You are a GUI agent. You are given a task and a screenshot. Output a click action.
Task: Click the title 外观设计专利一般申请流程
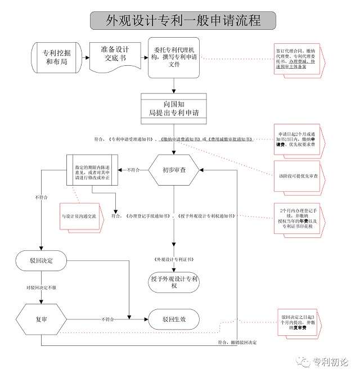pos(183,20)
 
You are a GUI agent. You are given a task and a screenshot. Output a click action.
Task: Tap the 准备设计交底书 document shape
pos(115,55)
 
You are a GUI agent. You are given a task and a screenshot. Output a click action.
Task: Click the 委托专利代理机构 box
pos(174,57)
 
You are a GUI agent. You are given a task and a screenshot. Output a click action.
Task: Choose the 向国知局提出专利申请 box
pos(174,109)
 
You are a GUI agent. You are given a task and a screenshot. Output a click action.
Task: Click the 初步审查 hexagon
pos(174,169)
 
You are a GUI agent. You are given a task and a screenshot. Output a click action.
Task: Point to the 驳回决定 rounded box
pos(40,260)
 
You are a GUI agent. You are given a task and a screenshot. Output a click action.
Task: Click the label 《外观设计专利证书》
pos(174,259)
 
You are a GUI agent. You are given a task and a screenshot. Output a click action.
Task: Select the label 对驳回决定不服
pos(40,287)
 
